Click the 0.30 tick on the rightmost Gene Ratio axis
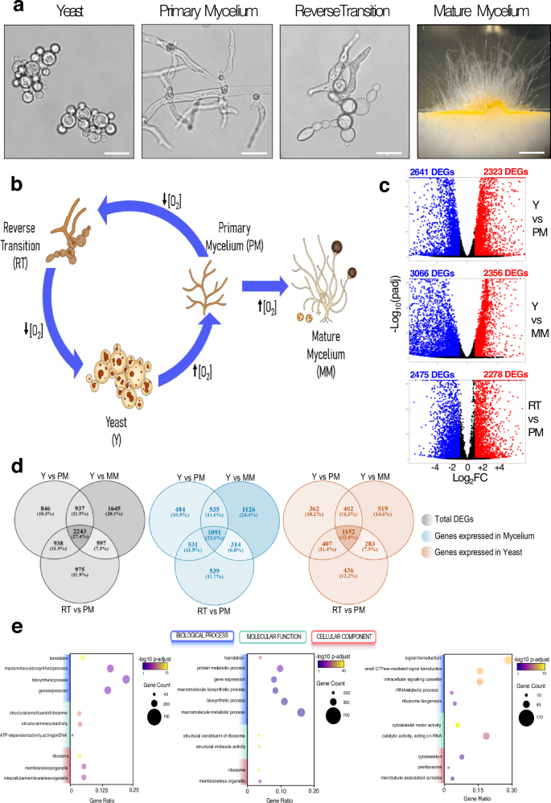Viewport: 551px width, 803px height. (x=511, y=791)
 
